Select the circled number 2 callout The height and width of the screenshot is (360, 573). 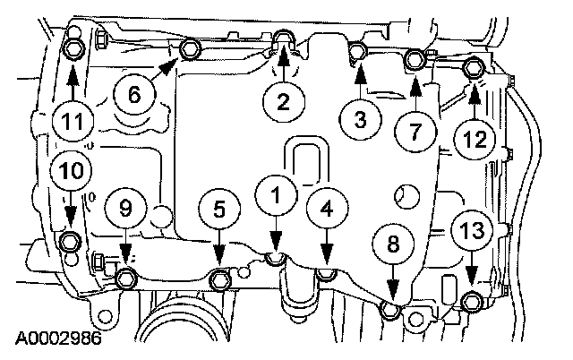283,102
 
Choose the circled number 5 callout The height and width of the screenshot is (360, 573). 219,208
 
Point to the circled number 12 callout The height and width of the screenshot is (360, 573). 475,138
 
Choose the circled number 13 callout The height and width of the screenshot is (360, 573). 472,229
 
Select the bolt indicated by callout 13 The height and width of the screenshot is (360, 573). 472,301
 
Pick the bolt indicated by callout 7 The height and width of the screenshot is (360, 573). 415,60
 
